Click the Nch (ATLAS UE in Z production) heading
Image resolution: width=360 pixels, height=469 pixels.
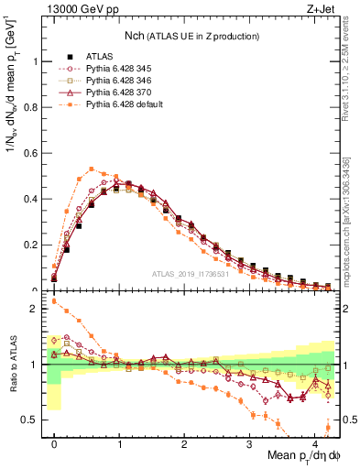pos(190,36)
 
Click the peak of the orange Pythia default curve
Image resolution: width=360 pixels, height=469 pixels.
pos(92,169)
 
